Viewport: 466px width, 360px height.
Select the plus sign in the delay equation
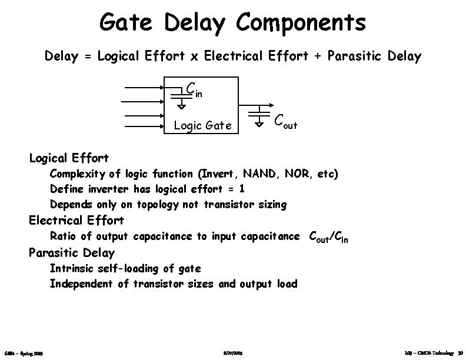[318, 57]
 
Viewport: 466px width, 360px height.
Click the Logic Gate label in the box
[202, 125]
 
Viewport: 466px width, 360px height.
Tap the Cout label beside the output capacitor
[285, 121]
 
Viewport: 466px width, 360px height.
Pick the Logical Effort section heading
[69, 158]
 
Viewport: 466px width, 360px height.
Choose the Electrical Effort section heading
[76, 220]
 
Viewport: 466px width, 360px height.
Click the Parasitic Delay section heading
[72, 253]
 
